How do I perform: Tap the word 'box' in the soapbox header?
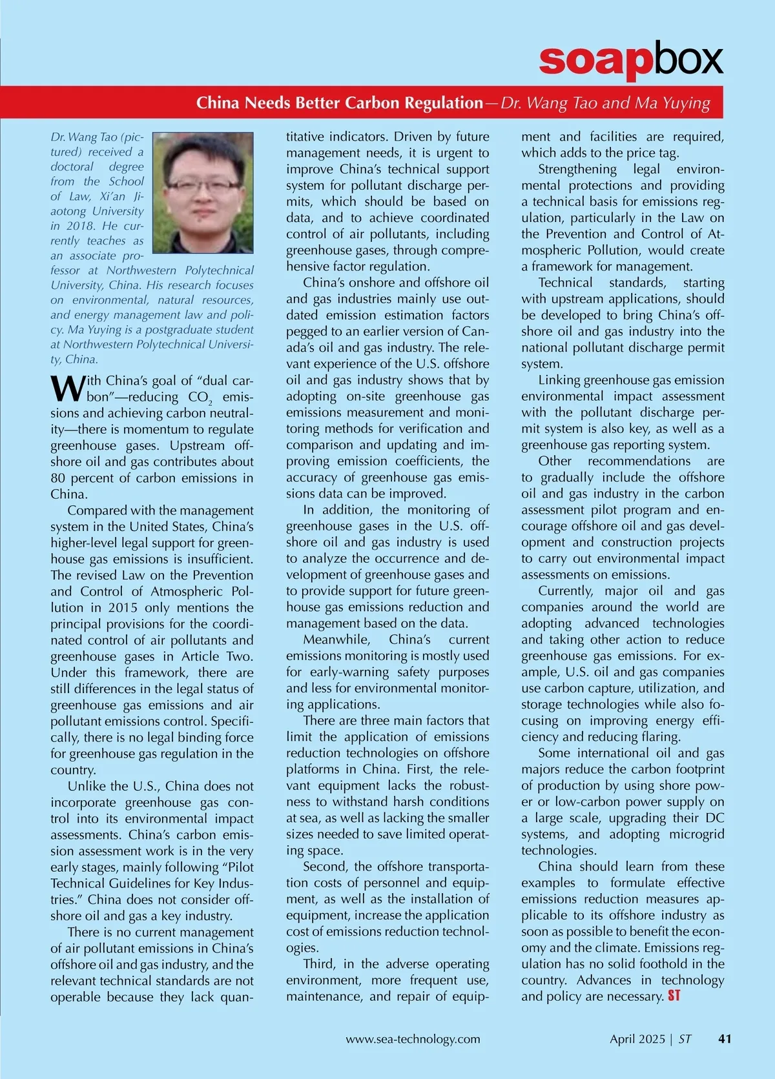coord(687,60)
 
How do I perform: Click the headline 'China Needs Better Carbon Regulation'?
coord(339,103)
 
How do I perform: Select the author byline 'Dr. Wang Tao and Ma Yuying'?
coord(606,103)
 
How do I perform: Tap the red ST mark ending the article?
coord(674,996)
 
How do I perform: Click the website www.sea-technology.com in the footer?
coord(413,1039)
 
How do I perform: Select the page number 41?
coord(725,1039)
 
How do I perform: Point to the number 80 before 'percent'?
coord(59,478)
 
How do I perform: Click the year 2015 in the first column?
coord(123,608)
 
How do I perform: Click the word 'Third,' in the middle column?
coord(319,964)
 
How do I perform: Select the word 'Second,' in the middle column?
coord(325,867)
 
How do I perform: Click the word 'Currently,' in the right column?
coord(566,591)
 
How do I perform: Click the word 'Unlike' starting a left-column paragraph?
coord(87,786)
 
